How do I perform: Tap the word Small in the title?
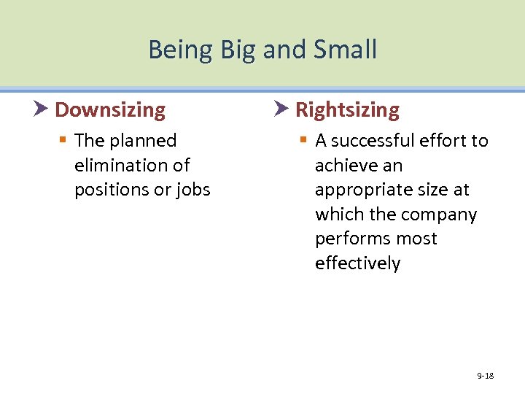click(346, 50)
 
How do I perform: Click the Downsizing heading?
click(110, 110)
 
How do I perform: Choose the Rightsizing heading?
click(347, 110)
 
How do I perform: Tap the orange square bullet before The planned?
click(65, 141)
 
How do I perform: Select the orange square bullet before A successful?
click(305, 141)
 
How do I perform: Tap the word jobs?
click(192, 190)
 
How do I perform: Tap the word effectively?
click(357, 263)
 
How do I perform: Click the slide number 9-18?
click(485, 376)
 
